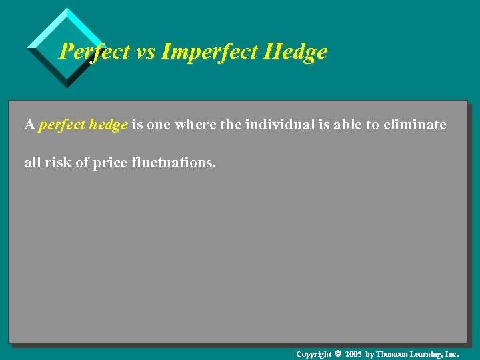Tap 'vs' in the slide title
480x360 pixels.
coord(145,51)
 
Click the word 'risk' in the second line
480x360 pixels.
coord(59,162)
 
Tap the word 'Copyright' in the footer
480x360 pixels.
coord(313,354)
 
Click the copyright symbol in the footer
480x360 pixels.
coord(337,353)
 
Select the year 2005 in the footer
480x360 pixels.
coord(353,354)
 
